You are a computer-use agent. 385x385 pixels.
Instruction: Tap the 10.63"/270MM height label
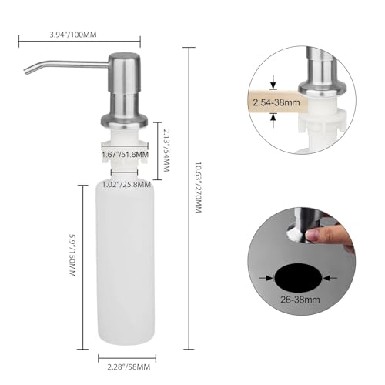198,188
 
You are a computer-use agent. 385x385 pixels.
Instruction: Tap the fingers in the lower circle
339,235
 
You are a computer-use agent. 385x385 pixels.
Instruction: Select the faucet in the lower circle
296,227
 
